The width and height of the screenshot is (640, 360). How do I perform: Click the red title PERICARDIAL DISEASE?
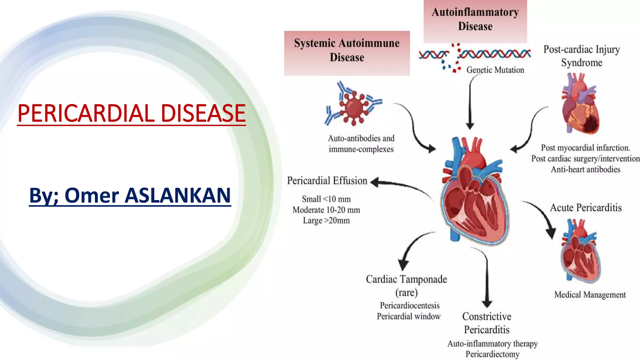pyautogui.click(x=132, y=113)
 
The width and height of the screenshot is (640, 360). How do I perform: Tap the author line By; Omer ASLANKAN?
pyautogui.click(x=130, y=195)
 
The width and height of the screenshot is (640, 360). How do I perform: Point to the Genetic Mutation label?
pyautogui.click(x=495, y=70)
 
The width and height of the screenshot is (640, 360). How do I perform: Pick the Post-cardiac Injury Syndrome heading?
pyautogui.click(x=581, y=56)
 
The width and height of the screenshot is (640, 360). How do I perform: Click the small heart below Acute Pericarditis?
pyautogui.click(x=581, y=252)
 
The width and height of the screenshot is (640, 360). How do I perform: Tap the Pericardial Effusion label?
pyautogui.click(x=327, y=181)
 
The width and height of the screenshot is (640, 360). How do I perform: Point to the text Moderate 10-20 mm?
pyautogui.click(x=326, y=210)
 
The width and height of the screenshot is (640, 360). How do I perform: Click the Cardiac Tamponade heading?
pyautogui.click(x=406, y=279)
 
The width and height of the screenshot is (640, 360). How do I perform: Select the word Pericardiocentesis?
pyautogui.click(x=409, y=305)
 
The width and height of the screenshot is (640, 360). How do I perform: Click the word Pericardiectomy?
pyautogui.click(x=492, y=354)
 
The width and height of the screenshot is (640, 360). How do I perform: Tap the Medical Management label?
pyautogui.click(x=590, y=295)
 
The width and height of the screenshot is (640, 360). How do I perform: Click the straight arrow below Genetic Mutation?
pyautogui.click(x=470, y=103)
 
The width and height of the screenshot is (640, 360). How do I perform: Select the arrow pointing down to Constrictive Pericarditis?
pyautogui.click(x=487, y=278)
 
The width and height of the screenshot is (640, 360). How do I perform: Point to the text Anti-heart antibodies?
pyautogui.click(x=585, y=169)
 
